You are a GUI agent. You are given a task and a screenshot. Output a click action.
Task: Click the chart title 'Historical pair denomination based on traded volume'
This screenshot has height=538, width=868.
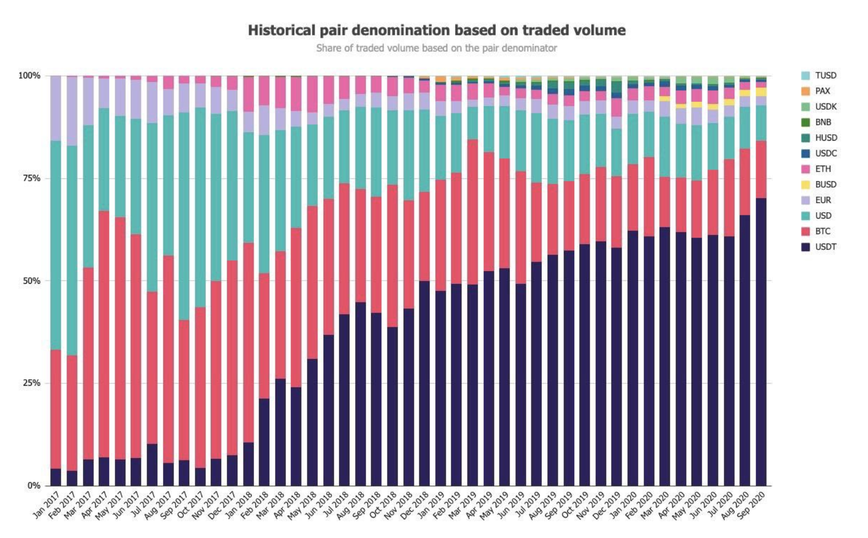point(436,30)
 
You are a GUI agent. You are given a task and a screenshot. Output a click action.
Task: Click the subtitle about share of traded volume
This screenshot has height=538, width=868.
point(436,48)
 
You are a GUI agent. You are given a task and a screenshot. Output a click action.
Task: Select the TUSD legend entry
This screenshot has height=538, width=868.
point(825,75)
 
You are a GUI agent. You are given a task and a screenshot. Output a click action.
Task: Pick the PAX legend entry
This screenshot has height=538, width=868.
point(822,91)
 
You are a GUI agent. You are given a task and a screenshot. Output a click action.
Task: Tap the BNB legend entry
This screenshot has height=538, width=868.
point(823,122)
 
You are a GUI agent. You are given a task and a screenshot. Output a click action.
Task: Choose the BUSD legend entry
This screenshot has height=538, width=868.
point(825,184)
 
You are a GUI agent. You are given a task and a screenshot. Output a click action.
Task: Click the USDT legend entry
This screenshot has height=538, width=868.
point(825,247)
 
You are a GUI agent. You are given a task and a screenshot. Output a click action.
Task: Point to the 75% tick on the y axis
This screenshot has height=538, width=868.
point(30,178)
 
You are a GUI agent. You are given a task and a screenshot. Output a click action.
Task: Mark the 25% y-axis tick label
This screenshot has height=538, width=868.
point(30,383)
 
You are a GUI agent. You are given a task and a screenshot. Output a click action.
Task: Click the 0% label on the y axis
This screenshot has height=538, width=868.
point(33,486)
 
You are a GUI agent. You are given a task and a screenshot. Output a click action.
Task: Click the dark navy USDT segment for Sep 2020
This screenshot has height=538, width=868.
point(761,343)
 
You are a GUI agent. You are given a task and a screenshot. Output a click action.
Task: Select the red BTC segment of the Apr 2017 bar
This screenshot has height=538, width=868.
point(104,333)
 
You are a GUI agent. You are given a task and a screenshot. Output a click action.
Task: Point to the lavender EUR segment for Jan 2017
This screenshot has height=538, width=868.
point(56,108)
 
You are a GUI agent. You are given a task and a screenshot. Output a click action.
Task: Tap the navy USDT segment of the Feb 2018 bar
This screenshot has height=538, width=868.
point(264,441)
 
